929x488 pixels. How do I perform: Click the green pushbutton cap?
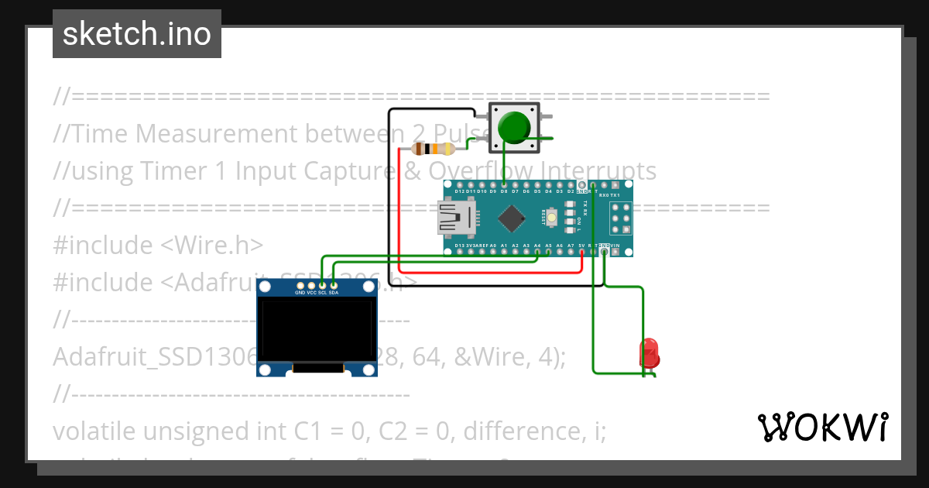click(x=514, y=127)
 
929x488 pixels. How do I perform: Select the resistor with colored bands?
click(x=434, y=149)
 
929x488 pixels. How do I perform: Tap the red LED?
click(x=649, y=353)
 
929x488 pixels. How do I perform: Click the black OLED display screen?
click(x=317, y=332)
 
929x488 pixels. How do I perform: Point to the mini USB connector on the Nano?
click(x=454, y=218)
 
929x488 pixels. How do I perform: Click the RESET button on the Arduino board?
click(x=552, y=218)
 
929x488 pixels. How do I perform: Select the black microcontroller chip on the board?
click(x=512, y=218)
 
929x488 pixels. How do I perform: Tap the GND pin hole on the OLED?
click(x=300, y=287)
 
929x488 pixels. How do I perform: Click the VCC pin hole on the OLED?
click(x=311, y=287)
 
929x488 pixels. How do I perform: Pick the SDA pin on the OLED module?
click(x=334, y=287)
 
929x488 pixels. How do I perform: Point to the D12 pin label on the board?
click(x=459, y=191)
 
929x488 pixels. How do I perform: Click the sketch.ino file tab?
click(x=137, y=34)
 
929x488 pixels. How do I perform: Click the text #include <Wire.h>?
click(x=159, y=245)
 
